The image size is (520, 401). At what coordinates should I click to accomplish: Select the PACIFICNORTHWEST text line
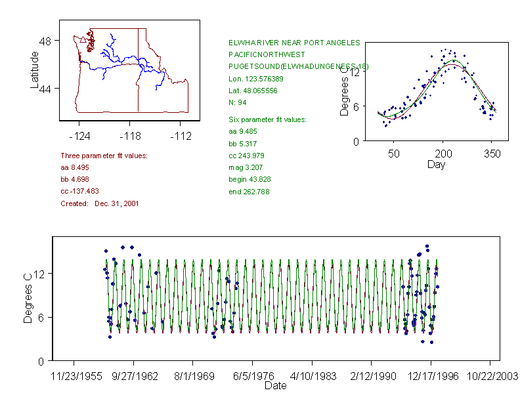click(x=267, y=54)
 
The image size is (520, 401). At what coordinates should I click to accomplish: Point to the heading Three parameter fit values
click(x=104, y=156)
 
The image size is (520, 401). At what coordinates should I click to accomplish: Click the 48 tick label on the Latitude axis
click(x=45, y=41)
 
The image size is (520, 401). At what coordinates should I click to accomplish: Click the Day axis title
click(x=436, y=164)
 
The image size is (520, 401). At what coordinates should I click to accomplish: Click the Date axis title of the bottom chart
click(x=275, y=386)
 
